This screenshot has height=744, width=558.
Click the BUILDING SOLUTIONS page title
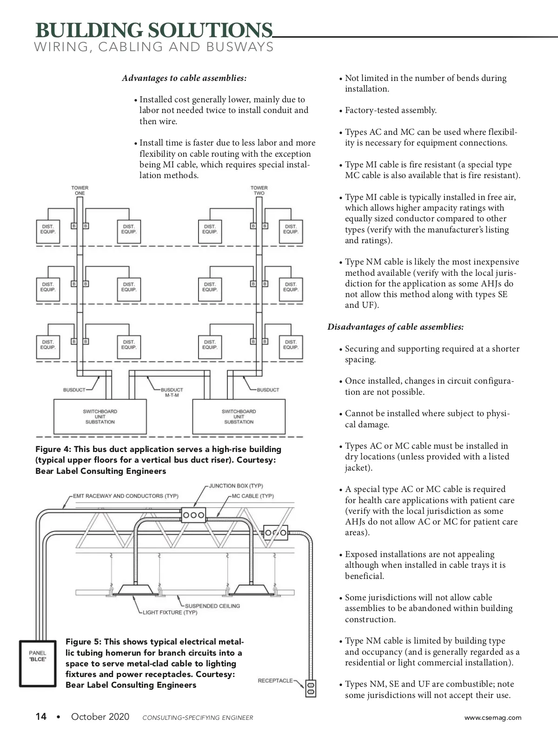(x=154, y=30)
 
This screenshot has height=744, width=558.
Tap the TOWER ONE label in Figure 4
(x=80, y=191)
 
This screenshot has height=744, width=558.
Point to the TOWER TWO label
(x=259, y=191)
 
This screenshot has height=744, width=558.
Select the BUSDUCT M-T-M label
(x=172, y=392)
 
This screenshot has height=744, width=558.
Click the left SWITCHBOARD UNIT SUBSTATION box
(x=100, y=417)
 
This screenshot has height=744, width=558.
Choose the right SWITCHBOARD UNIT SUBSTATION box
(x=239, y=417)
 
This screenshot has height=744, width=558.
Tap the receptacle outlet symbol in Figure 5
(x=311, y=689)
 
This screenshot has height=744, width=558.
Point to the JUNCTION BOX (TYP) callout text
(x=236, y=486)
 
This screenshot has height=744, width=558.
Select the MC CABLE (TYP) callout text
(x=252, y=496)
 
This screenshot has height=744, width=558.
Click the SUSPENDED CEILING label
(x=213, y=606)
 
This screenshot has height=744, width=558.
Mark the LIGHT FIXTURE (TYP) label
(x=170, y=612)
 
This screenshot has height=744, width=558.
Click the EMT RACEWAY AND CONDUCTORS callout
(x=126, y=496)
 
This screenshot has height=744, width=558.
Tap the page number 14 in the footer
(x=41, y=717)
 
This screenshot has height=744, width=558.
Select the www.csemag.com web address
(x=493, y=717)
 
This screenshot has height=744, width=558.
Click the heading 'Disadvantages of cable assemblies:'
(x=395, y=327)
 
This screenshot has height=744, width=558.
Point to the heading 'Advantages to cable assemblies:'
(x=184, y=78)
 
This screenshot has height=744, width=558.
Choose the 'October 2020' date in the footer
(x=100, y=717)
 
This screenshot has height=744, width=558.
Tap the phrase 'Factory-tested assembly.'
(x=391, y=111)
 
